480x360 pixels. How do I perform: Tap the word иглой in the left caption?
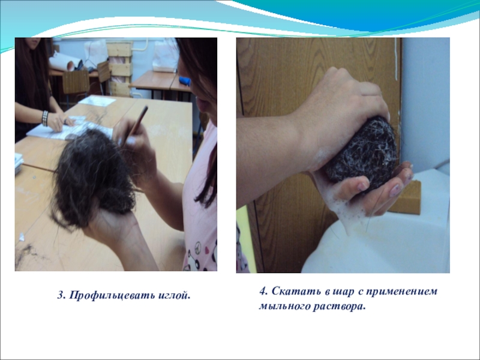click(173, 296)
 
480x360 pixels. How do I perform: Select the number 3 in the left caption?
click(61, 296)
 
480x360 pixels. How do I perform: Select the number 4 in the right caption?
click(263, 291)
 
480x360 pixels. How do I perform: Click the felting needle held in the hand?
click(134, 125)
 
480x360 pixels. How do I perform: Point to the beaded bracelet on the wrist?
click(45, 118)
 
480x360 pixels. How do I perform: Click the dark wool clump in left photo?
click(94, 178)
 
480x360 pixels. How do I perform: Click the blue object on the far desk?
click(185, 81)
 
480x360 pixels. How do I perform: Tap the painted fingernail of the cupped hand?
click(396, 190)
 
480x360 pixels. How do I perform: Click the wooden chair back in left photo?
click(76, 82)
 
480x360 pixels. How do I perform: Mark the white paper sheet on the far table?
click(97, 101)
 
